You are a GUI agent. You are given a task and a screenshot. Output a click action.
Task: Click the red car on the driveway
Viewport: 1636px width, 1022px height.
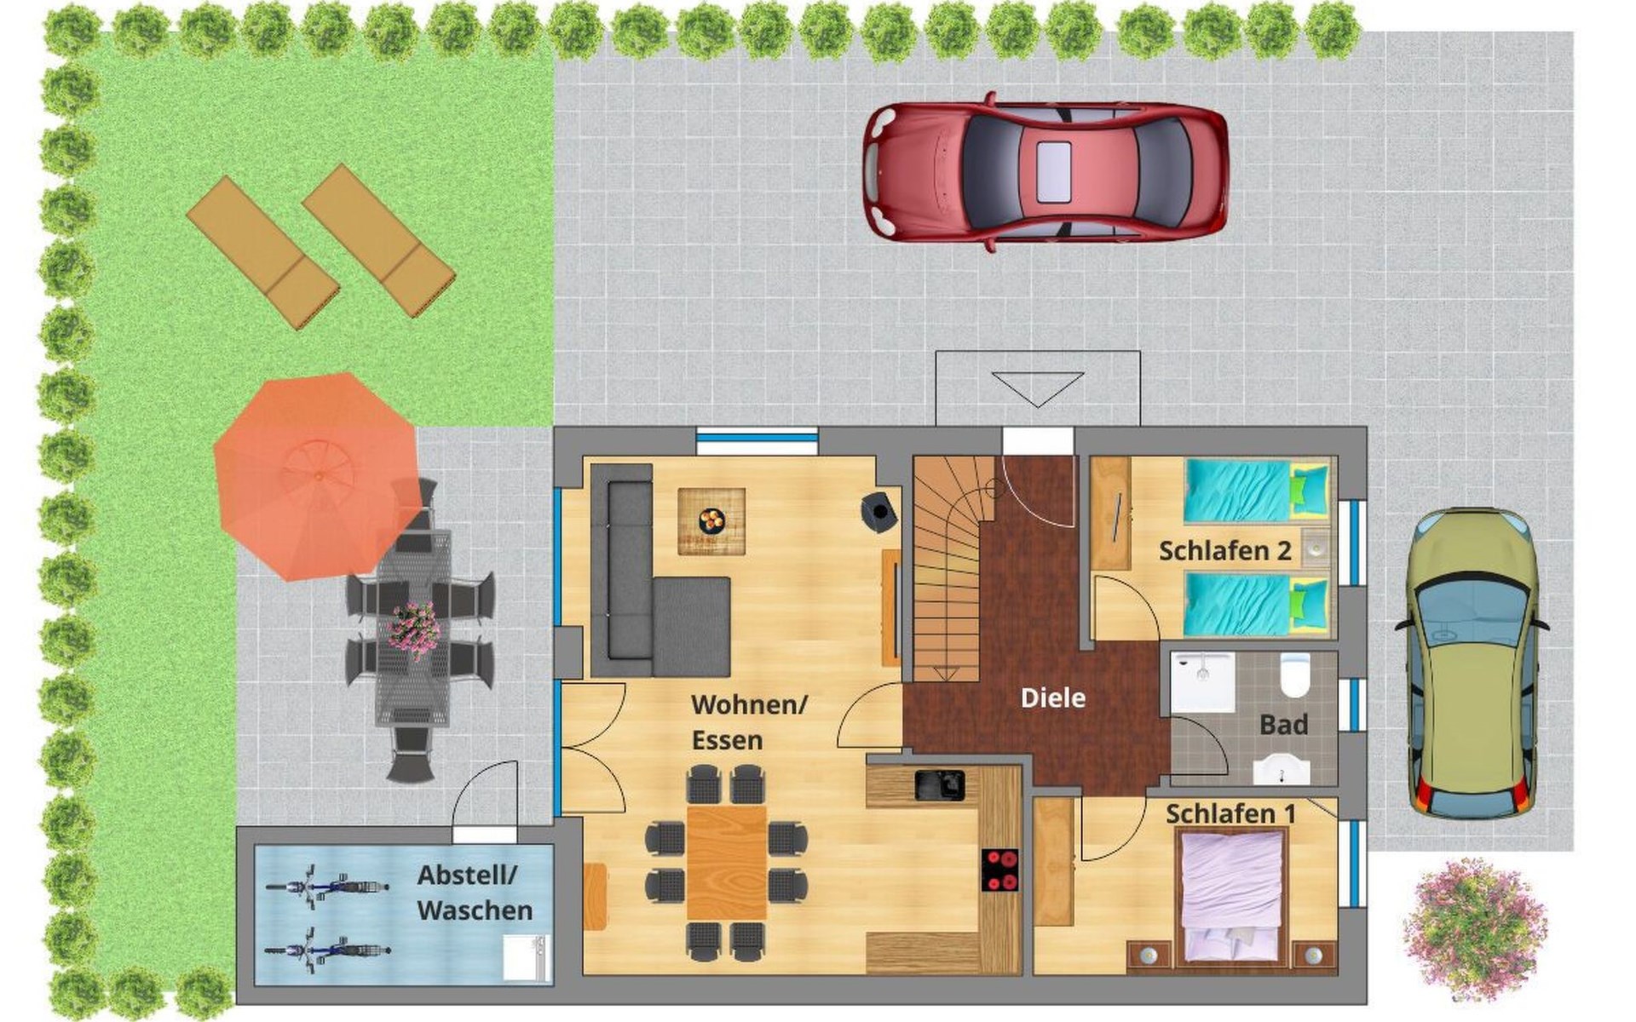pos(1046,171)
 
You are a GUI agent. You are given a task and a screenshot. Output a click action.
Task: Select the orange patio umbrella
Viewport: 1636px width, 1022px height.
pos(317,475)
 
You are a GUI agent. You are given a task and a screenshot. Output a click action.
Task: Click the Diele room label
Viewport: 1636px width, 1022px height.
pos(1053,698)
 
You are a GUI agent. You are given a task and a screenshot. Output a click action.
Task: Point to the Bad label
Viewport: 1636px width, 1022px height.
pos(1283,725)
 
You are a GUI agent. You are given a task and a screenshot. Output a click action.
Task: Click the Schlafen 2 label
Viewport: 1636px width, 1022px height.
pos(1225,551)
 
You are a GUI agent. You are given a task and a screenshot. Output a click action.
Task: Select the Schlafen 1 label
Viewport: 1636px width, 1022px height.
pos(1230,814)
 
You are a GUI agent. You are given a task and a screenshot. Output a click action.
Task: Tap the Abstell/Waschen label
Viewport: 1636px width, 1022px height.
pos(475,893)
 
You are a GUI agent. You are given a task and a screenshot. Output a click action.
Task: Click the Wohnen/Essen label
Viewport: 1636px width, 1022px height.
pos(748,722)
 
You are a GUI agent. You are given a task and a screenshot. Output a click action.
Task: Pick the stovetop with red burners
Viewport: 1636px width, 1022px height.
pos(1000,870)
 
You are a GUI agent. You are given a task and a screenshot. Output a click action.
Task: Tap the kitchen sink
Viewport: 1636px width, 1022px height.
pos(940,785)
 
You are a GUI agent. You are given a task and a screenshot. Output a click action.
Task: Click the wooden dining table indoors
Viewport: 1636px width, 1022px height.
pos(727,863)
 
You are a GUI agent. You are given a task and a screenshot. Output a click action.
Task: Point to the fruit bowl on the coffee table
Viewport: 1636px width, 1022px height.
pos(711,519)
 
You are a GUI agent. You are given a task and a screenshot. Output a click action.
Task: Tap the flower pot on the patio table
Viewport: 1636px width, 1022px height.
pos(415,629)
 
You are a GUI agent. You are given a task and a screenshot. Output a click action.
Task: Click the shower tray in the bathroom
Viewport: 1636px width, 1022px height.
pos(1202,682)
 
